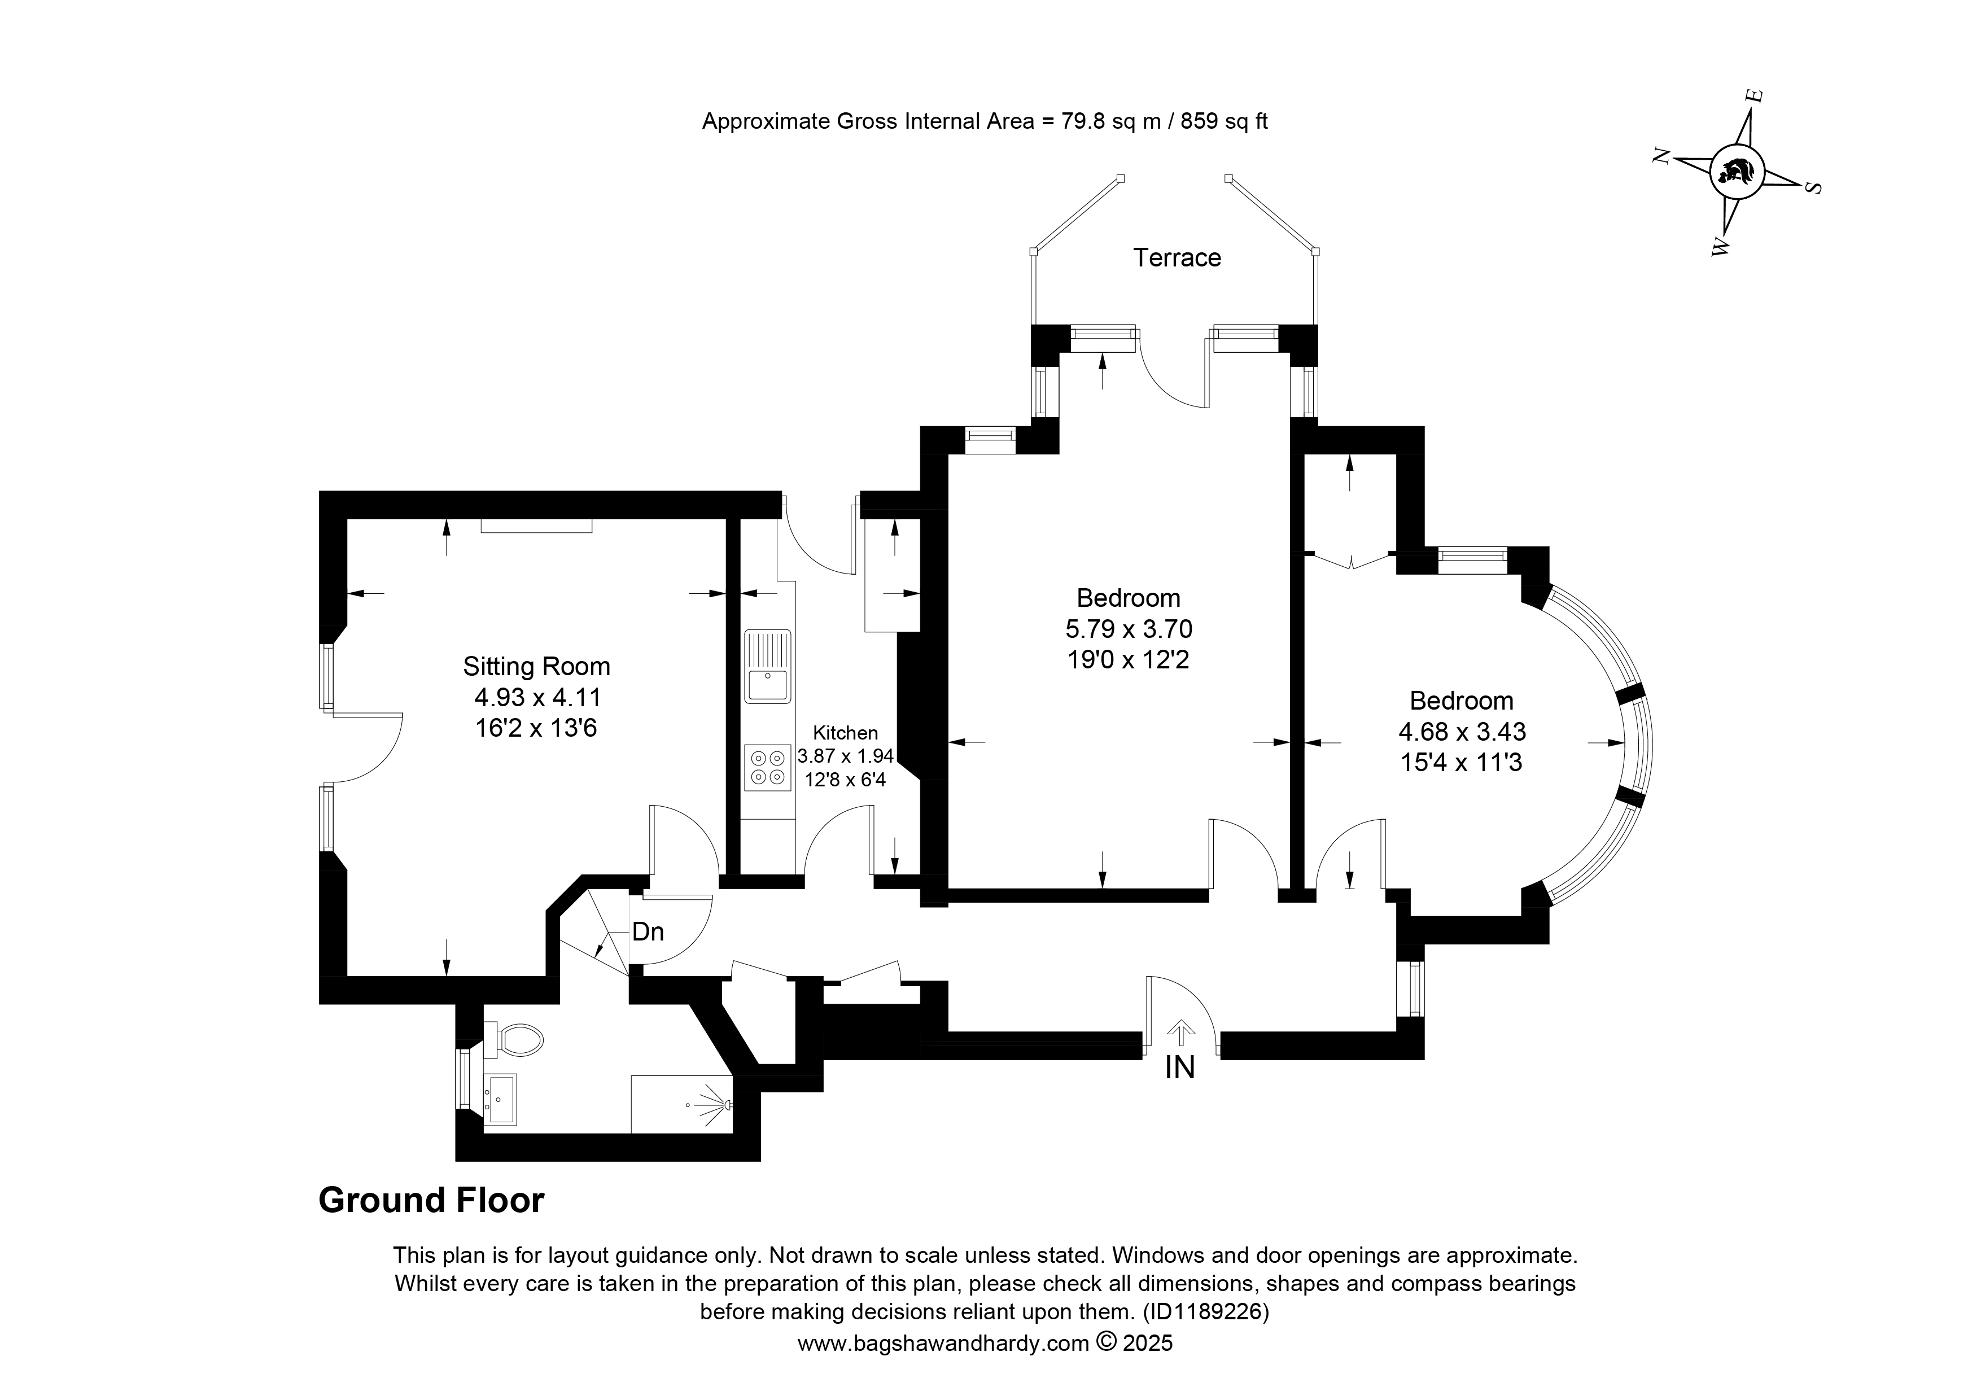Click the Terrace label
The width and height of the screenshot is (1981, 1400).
coord(1177,258)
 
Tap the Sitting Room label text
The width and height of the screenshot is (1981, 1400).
coord(537,667)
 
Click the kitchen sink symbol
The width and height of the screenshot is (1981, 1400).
coord(768,667)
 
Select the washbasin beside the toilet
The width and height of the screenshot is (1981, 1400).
coord(500,1099)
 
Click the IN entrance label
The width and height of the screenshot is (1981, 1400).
coord(1179,1068)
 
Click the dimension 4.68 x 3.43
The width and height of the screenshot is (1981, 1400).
coord(1462,732)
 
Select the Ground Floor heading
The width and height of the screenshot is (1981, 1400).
coord(431,1201)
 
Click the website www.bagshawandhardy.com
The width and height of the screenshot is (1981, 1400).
coord(943,1344)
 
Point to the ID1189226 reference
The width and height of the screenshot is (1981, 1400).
coord(1205,1312)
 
